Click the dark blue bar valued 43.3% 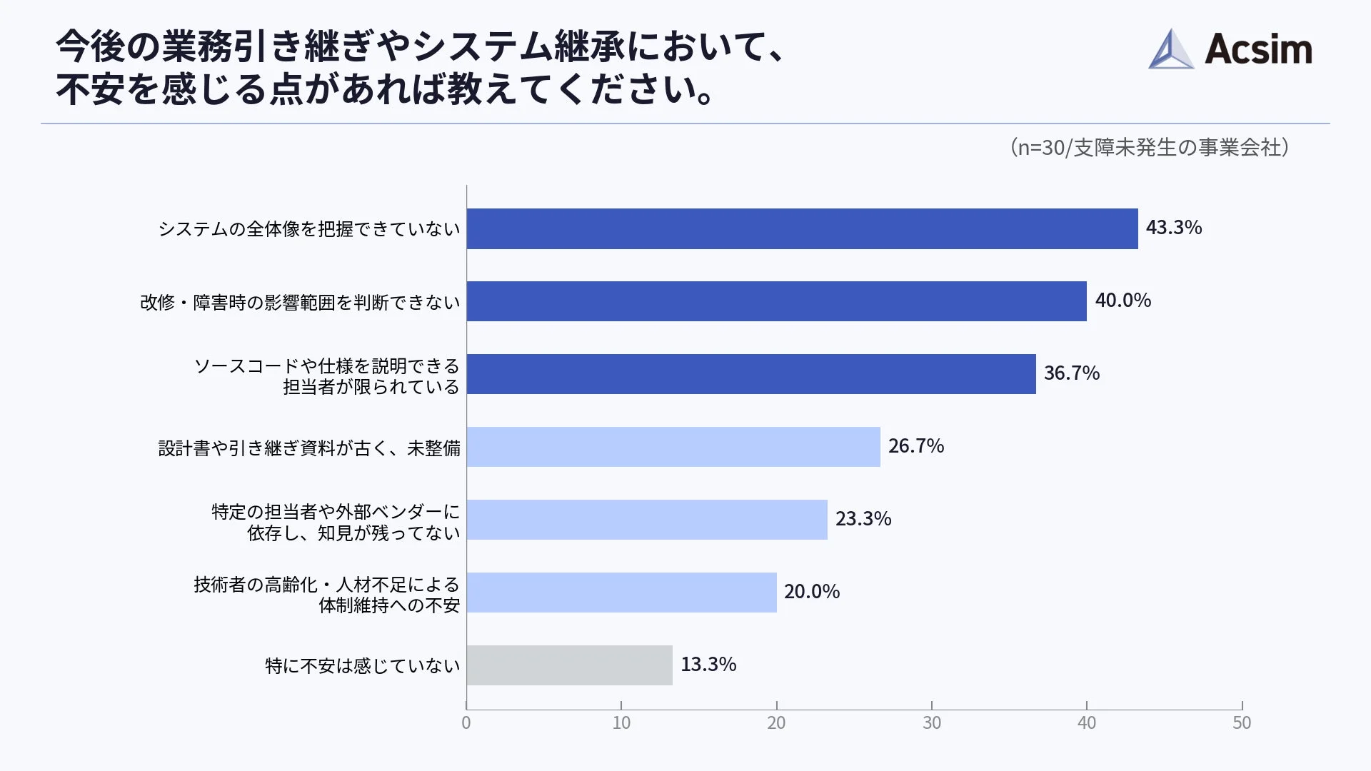point(801,228)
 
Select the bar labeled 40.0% point(776,301)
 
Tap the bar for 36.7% point(750,374)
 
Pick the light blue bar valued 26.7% point(673,447)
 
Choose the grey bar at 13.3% point(569,665)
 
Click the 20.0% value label point(811,592)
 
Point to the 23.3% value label point(863,519)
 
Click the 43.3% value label point(1173,228)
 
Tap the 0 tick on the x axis point(466,722)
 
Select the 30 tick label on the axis point(931,722)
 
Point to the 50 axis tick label point(1241,722)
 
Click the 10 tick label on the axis point(621,722)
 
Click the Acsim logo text point(1257,50)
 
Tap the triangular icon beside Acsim point(1170,50)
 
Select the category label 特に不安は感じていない point(362,666)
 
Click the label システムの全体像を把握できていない point(308,229)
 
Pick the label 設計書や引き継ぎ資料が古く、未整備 point(308,448)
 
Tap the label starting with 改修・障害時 point(300,303)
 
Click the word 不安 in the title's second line point(91,90)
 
